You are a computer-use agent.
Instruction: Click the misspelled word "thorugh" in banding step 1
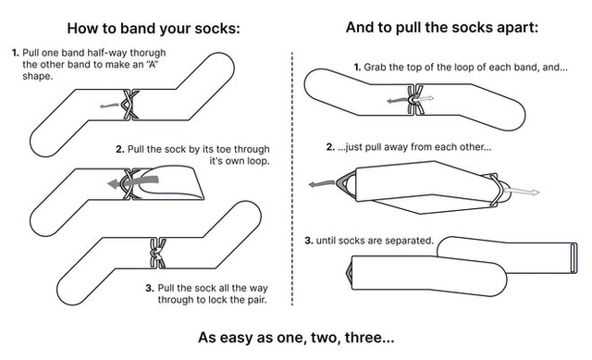pyautogui.click(x=148, y=53)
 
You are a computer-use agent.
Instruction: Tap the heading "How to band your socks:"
pyautogui.click(x=154, y=29)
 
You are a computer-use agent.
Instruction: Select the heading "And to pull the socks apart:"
pyautogui.click(x=442, y=28)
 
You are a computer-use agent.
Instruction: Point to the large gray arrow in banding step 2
pyautogui.click(x=133, y=182)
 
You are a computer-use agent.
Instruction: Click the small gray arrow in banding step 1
pyautogui.click(x=109, y=106)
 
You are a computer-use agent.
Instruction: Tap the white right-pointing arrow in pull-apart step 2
pyautogui.click(x=522, y=192)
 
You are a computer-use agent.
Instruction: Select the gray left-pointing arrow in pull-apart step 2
pyautogui.click(x=322, y=184)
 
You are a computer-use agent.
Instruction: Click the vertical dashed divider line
pyautogui.click(x=292, y=179)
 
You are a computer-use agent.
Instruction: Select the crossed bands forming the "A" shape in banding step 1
pyautogui.click(x=129, y=105)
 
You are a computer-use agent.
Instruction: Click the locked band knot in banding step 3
pyautogui.click(x=157, y=253)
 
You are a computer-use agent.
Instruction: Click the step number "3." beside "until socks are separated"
pyautogui.click(x=309, y=241)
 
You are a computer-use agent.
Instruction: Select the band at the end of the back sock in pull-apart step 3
pyautogui.click(x=573, y=257)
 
